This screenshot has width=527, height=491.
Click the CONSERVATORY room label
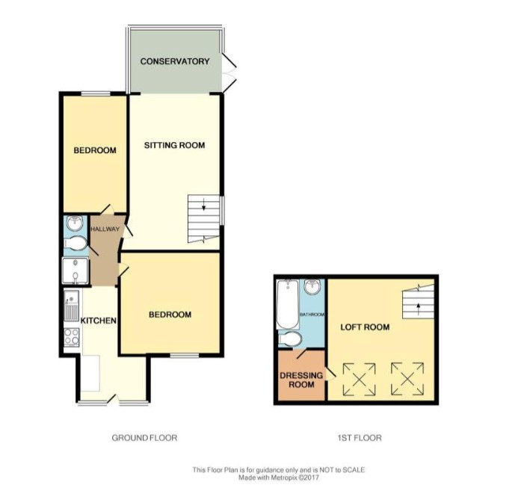click(175, 61)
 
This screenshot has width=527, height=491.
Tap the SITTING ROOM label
click(174, 145)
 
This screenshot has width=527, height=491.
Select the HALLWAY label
click(105, 229)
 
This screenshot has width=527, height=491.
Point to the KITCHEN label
click(99, 321)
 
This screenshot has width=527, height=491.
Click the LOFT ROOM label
click(366, 327)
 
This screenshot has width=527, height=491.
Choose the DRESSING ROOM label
click(301, 380)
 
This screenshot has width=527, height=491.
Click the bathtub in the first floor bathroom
click(286, 305)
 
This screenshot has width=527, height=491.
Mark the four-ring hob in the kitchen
click(73, 337)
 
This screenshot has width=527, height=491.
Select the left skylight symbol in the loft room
click(359, 380)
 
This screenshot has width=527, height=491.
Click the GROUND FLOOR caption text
click(144, 438)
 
